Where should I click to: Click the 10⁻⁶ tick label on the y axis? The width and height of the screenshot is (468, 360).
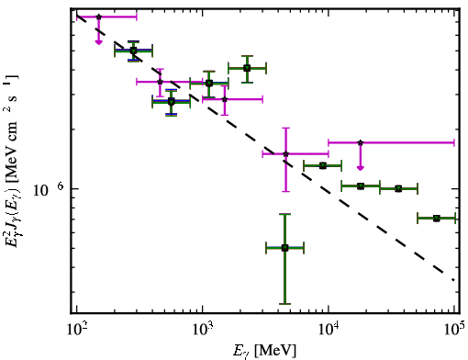[48, 188]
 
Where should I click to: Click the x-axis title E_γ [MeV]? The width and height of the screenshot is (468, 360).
[264, 351]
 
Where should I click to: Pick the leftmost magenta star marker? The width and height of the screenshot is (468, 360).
[98, 17]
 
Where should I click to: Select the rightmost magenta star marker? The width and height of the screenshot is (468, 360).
[361, 142]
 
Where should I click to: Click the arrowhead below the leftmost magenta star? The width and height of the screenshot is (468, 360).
[98, 42]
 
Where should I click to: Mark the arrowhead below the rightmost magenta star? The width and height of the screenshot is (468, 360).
[361, 168]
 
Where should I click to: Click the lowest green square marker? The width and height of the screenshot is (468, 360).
[284, 248]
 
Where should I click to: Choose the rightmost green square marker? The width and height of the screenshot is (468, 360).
[437, 219]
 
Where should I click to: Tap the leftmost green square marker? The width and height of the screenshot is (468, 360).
[133, 51]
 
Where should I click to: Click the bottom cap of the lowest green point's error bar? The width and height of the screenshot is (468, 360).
[284, 304]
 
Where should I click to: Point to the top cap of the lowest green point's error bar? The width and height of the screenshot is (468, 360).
[284, 214]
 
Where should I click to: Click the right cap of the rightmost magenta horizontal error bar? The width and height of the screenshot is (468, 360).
[454, 142]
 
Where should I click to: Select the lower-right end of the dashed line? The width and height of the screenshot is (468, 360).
[453, 279]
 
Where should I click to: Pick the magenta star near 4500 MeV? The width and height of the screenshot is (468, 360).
[285, 153]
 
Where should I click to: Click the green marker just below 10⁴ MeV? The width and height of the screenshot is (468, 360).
[322, 165]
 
